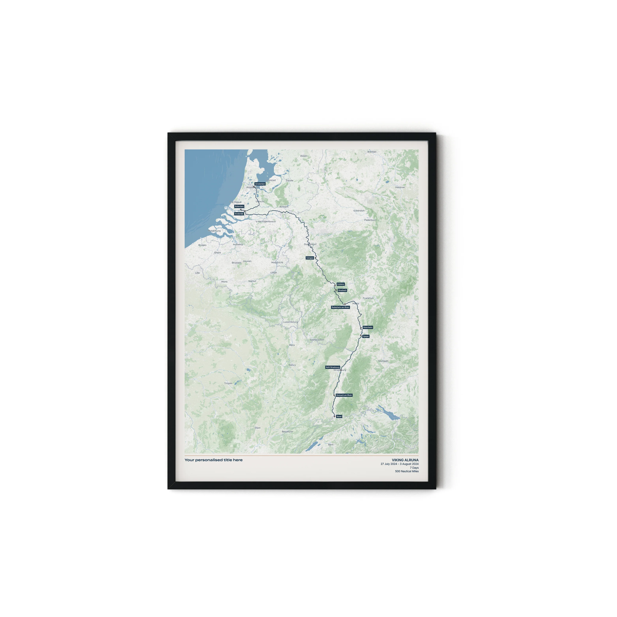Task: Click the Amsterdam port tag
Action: pyautogui.click(x=260, y=184)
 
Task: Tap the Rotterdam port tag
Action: pyautogui.click(x=239, y=206)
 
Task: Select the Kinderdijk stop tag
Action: pyautogui.click(x=239, y=214)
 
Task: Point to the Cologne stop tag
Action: pyautogui.click(x=310, y=258)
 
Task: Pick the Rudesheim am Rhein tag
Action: pyautogui.click(x=340, y=307)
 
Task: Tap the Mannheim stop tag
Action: pyautogui.click(x=368, y=327)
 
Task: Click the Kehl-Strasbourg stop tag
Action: pyautogui.click(x=333, y=367)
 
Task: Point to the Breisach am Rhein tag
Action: pyautogui.click(x=344, y=395)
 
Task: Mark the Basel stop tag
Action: pyautogui.click(x=339, y=416)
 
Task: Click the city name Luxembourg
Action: pyautogui.click(x=290, y=322)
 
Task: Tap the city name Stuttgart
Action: pyautogui.click(x=383, y=361)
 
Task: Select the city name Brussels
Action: pyautogui.click(x=237, y=263)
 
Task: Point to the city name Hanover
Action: pyautogui.click(x=400, y=187)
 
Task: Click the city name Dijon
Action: pyautogui.click(x=257, y=428)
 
